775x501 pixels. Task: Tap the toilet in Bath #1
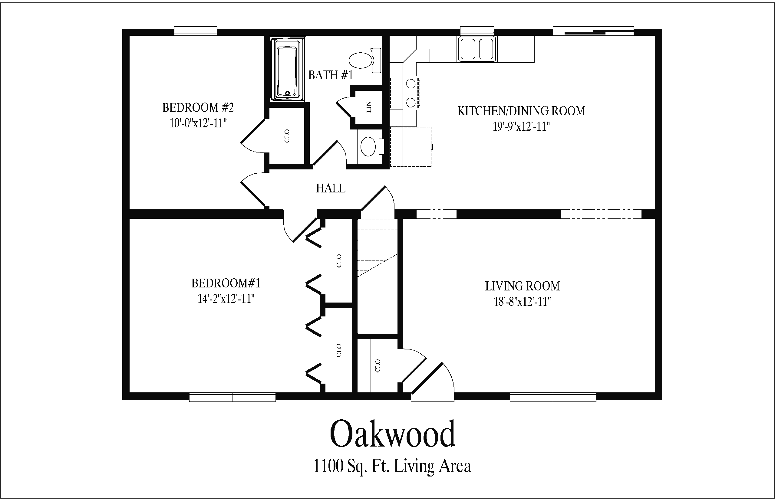[x=365, y=61]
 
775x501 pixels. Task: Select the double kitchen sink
[x=477, y=49]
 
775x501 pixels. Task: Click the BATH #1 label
[x=330, y=75]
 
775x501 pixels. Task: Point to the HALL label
[x=331, y=188]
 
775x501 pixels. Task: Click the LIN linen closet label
[x=368, y=107]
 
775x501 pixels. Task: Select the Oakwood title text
[x=392, y=434]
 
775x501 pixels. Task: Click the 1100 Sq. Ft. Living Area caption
[x=392, y=466]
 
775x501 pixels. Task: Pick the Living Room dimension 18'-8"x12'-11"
[x=522, y=302]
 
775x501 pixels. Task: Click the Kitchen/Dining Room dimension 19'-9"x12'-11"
[x=521, y=126]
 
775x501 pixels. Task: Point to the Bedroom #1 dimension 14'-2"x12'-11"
[x=226, y=298]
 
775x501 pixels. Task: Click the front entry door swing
[x=432, y=383]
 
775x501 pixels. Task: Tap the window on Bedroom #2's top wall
[x=196, y=31]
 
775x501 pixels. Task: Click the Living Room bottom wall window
[x=553, y=397]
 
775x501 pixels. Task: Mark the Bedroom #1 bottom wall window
[x=232, y=397]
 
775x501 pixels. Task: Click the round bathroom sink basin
[x=368, y=146]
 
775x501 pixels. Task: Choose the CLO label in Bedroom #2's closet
[x=287, y=136]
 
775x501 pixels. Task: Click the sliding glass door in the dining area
[x=593, y=31]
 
